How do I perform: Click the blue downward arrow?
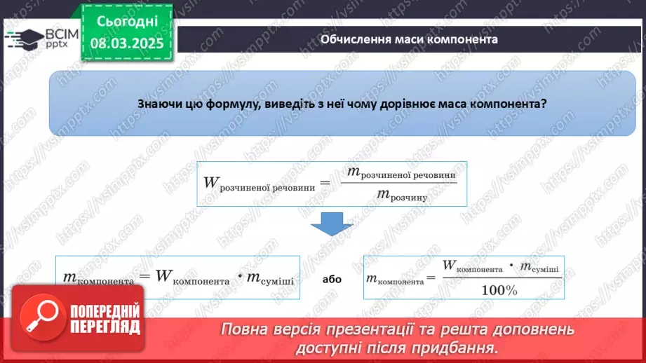pos(332,224)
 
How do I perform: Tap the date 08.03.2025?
pos(127,43)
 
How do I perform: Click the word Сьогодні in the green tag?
pos(127,21)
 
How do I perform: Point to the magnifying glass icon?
pos(43,317)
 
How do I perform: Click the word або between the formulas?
pos(332,280)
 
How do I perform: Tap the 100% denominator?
pos(499,290)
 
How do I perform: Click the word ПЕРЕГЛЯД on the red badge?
pos(105,327)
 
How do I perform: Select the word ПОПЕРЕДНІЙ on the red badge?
pos(105,311)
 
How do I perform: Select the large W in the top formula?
pos(211,182)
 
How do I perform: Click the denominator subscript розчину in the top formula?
pos(409,198)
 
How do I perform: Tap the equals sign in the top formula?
pos(325,183)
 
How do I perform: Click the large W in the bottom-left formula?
pos(163,275)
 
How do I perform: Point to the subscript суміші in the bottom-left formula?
pos(276,281)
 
